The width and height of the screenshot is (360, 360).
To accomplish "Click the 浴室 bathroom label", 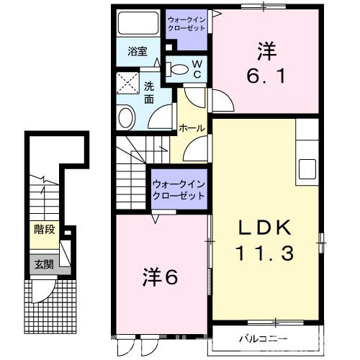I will click(138, 51).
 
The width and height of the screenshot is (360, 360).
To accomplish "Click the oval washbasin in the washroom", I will click(126, 117).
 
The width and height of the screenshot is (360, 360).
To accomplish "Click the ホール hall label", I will click(192, 128).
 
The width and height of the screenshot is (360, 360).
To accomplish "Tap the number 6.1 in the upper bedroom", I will click(266, 74).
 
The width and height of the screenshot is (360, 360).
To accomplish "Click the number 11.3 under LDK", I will click(264, 253).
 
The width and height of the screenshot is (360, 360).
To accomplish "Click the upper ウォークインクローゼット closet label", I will click(186, 24).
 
